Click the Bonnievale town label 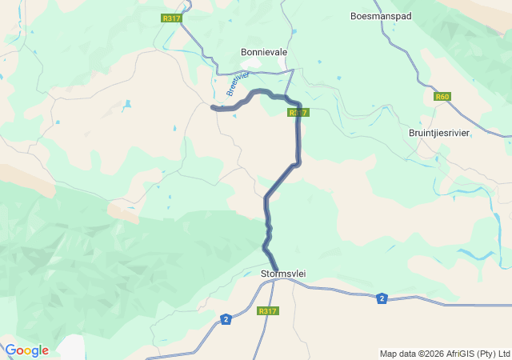click(x=264, y=52)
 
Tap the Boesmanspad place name click(x=381, y=15)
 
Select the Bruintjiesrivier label click(x=438, y=133)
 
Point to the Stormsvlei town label click(x=283, y=274)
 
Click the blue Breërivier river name click(x=238, y=82)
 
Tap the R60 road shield click(x=442, y=97)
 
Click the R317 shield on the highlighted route click(x=298, y=113)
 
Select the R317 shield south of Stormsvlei click(x=267, y=311)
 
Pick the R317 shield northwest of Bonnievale click(x=170, y=18)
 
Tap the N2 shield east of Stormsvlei click(x=382, y=298)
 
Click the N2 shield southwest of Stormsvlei click(x=226, y=319)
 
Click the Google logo click(x=26, y=350)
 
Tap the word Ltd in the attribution click(x=503, y=354)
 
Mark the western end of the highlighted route click(x=212, y=107)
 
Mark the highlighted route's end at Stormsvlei click(x=277, y=269)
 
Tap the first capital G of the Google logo click(x=10, y=350)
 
